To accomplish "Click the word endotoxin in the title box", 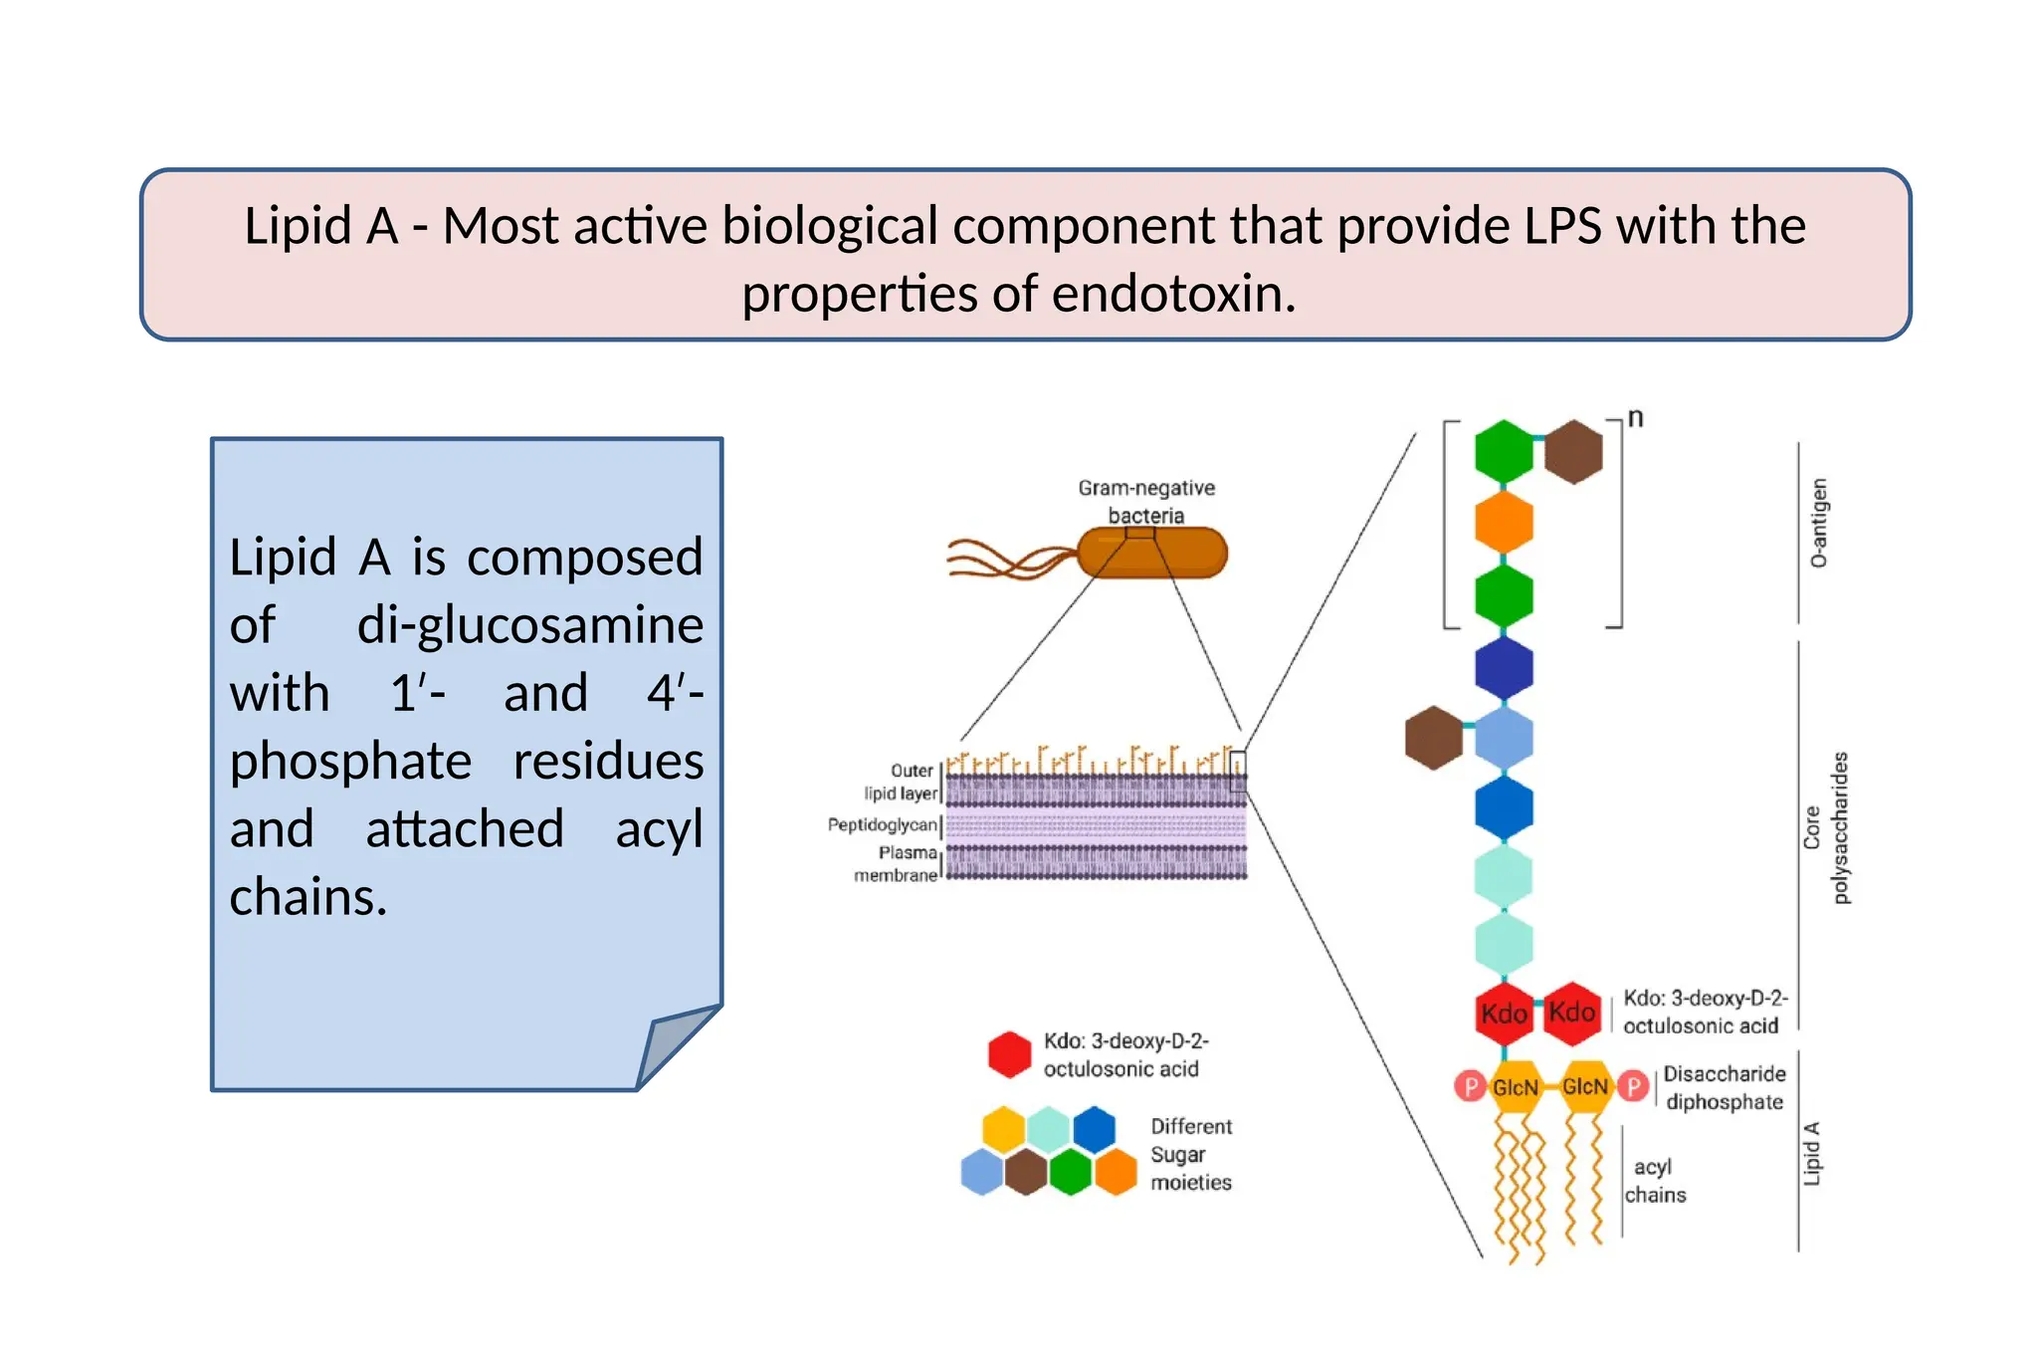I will (x=1173, y=295).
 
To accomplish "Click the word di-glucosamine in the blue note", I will (x=529, y=625).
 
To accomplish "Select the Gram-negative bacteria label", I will (x=1146, y=501).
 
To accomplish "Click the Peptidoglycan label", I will (x=883, y=824).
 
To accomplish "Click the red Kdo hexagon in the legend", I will (x=1009, y=1054).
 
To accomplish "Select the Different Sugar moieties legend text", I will (x=1190, y=1154).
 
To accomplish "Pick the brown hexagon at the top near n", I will (x=1573, y=451).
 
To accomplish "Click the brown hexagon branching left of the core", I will (x=1433, y=738).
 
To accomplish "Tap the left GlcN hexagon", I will (x=1515, y=1086).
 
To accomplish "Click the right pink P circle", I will (x=1632, y=1086).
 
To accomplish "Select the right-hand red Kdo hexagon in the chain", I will (x=1571, y=1013).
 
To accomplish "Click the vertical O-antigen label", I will (x=1818, y=523).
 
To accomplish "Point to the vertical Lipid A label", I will (x=1811, y=1153).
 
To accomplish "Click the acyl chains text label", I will (x=1654, y=1180).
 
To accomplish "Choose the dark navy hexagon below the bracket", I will (x=1503, y=667).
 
